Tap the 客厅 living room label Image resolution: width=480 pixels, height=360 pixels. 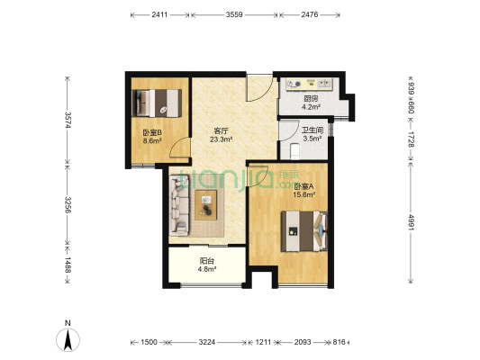[x=221, y=131]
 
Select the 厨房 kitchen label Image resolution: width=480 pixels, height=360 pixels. [x=310, y=98]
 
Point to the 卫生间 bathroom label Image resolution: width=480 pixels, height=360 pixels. [x=312, y=130]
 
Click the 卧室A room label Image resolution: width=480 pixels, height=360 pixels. [x=303, y=186]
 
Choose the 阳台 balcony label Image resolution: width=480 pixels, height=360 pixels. [x=207, y=262]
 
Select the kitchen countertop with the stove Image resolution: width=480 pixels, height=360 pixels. [x=309, y=85]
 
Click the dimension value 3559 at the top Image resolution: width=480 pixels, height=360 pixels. [x=234, y=15]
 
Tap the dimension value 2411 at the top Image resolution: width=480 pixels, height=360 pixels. [x=159, y=15]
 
